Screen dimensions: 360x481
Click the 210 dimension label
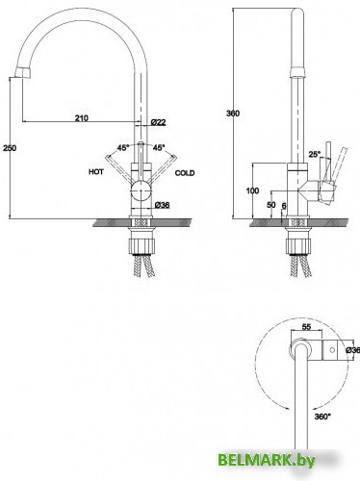coord(82,118)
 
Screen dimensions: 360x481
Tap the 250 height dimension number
coord(10,148)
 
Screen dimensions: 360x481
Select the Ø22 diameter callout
coord(158,122)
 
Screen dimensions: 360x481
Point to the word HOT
coord(96,172)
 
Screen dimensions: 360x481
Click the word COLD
coord(185,173)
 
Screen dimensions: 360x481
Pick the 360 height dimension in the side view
coord(233,114)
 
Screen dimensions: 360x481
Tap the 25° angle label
coord(315,154)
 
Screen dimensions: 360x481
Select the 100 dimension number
coord(252,190)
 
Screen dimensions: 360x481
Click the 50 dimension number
coord(271,205)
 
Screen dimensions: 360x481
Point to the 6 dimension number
coord(284,206)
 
